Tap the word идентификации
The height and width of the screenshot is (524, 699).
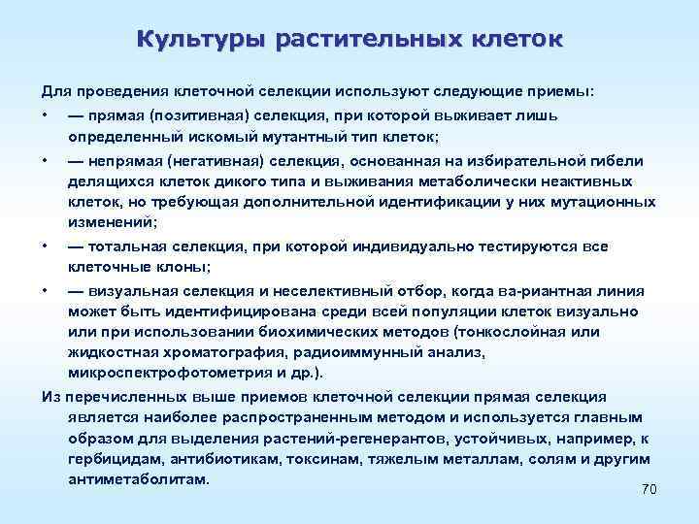(387, 202)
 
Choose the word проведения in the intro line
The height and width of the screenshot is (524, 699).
(117, 91)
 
